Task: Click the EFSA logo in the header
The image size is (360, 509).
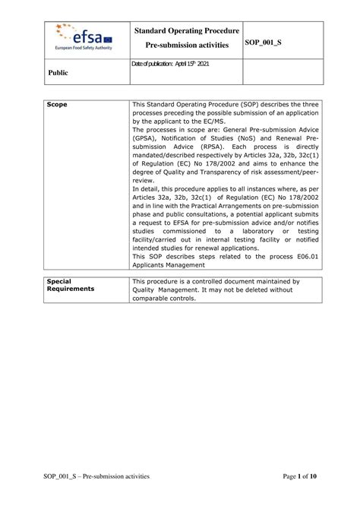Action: tap(81, 33)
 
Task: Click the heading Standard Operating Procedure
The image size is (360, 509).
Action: tap(186, 31)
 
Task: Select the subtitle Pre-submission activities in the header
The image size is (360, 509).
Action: tap(186, 46)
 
